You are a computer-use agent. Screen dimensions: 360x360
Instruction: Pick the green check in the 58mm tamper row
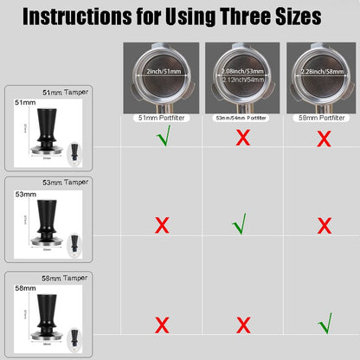[x=325, y=325]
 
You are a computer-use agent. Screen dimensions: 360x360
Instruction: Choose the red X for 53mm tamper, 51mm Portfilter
[x=161, y=227]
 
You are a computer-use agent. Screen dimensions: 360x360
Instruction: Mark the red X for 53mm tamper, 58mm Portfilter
[x=325, y=227]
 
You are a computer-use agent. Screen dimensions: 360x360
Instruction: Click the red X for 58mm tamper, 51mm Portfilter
[x=161, y=325]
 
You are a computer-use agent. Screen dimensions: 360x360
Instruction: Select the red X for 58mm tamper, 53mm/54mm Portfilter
[x=245, y=325]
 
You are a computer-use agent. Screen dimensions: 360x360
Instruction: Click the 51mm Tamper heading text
[x=61, y=91]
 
